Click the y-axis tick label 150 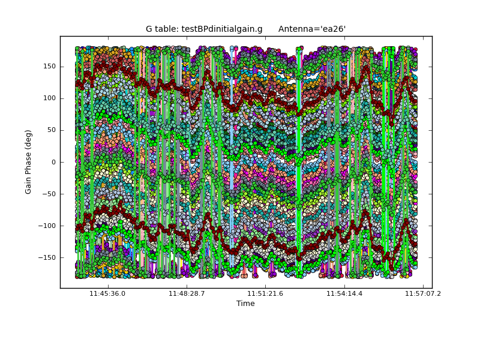tap(50, 67)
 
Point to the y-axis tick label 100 tap(50, 98)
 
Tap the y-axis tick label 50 tap(52, 130)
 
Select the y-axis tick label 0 tap(54, 162)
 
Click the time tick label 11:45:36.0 tap(107, 293)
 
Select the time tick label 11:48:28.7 tap(187, 293)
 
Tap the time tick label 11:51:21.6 tap(265, 293)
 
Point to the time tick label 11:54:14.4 tap(344, 293)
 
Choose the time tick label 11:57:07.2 tap(423, 293)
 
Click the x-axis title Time tap(245, 304)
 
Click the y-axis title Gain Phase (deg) tap(28, 162)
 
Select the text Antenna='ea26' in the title tap(312, 29)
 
